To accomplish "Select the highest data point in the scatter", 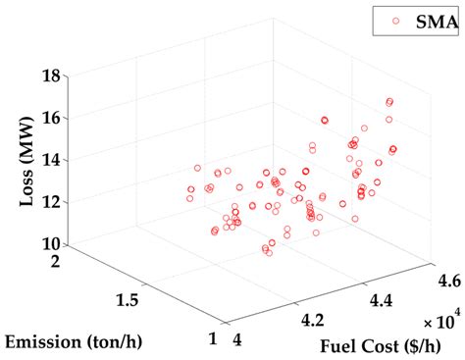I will click(x=389, y=101).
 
